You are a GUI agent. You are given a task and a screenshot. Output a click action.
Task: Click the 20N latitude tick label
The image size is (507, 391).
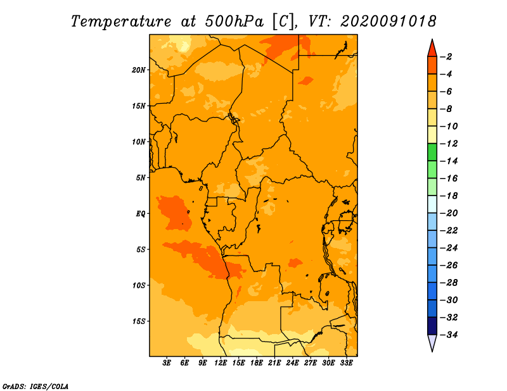coord(139,70)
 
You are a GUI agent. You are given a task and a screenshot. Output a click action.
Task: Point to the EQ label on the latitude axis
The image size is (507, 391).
coord(140,214)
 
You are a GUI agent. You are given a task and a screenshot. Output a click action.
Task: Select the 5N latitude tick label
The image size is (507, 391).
coord(141,178)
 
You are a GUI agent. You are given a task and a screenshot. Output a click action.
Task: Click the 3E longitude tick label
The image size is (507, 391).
coord(167,363)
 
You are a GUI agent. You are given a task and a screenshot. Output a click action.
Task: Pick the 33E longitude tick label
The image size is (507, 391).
coord(346,363)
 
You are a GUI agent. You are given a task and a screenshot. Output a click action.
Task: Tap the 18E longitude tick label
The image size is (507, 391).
coord(257,363)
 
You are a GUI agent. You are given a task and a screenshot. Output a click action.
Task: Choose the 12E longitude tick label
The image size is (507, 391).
coord(221,363)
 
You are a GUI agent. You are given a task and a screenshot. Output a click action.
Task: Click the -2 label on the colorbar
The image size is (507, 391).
coord(446,57)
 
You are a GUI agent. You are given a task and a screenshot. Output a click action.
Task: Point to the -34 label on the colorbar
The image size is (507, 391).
coord(449,335)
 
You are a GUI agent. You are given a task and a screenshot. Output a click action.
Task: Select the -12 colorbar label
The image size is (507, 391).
coord(449,144)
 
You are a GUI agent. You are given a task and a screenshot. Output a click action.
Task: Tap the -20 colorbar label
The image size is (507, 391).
coord(449,213)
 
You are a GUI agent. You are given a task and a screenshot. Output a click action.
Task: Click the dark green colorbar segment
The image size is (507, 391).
coord(432,152)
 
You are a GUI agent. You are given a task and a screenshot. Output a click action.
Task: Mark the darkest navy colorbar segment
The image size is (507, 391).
coord(432,326)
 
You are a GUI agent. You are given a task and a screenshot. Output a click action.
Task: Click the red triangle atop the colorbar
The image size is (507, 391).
coord(432,49)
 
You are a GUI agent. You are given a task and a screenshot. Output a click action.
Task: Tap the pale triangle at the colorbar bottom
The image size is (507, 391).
coord(432,342)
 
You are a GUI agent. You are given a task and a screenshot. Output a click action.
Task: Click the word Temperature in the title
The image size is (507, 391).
coord(121,22)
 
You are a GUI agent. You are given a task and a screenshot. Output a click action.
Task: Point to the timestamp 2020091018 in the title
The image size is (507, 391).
coord(388,22)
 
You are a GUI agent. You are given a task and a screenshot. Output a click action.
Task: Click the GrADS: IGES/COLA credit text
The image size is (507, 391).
coord(35,387)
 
